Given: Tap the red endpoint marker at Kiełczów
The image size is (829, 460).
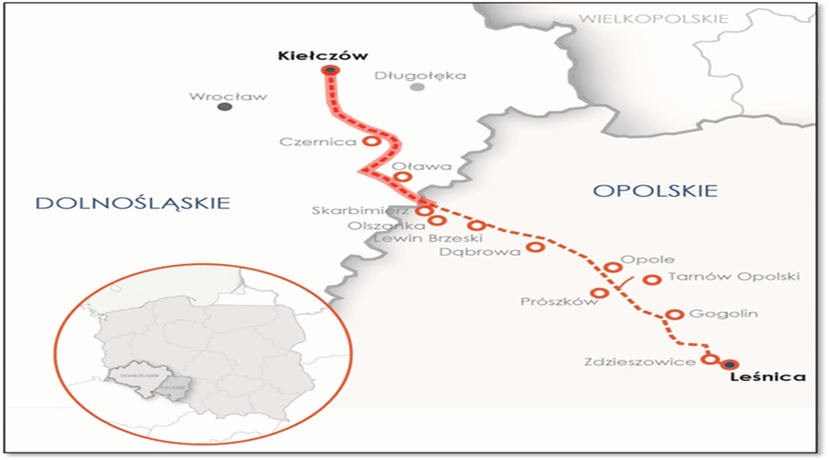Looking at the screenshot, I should point(330,72).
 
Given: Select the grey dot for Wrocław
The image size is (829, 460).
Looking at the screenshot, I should point(224,107).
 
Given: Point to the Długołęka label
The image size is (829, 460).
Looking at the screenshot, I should point(421,75).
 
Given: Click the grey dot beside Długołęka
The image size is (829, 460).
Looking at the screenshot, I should point(417,87).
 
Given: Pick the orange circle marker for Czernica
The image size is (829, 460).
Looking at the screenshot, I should point(370,142).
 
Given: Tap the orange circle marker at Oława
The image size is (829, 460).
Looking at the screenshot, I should point(401,178).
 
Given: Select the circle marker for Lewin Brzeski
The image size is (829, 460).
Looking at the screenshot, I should point(476,225).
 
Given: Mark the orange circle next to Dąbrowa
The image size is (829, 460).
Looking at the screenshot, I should point(535,247).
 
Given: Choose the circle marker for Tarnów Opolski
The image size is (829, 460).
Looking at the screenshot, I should point(652,279).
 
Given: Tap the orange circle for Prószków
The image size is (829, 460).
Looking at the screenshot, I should point(599,293).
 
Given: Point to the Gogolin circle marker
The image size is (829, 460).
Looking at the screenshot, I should point(674,314).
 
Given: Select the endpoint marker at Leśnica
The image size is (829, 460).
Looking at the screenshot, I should point(730,364).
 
